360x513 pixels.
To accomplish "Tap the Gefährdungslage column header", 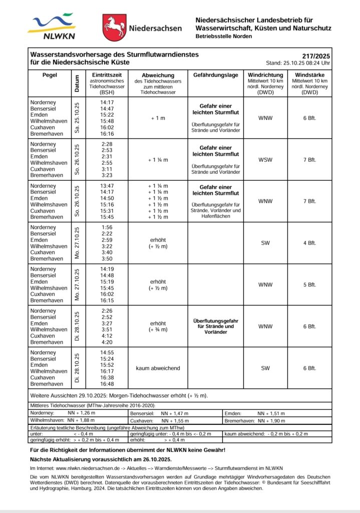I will coord(215,75).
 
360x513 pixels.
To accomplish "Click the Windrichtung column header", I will coord(265,75).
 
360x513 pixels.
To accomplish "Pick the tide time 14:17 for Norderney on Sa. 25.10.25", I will coord(107,102).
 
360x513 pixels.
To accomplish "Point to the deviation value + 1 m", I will coord(158,118).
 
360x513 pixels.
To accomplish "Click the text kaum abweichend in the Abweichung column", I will coord(158,368).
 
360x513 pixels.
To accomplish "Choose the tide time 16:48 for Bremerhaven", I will coord(107,384).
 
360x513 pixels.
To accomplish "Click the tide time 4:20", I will coord(107,343).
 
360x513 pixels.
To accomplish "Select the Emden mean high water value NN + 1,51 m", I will coord(271,413).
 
